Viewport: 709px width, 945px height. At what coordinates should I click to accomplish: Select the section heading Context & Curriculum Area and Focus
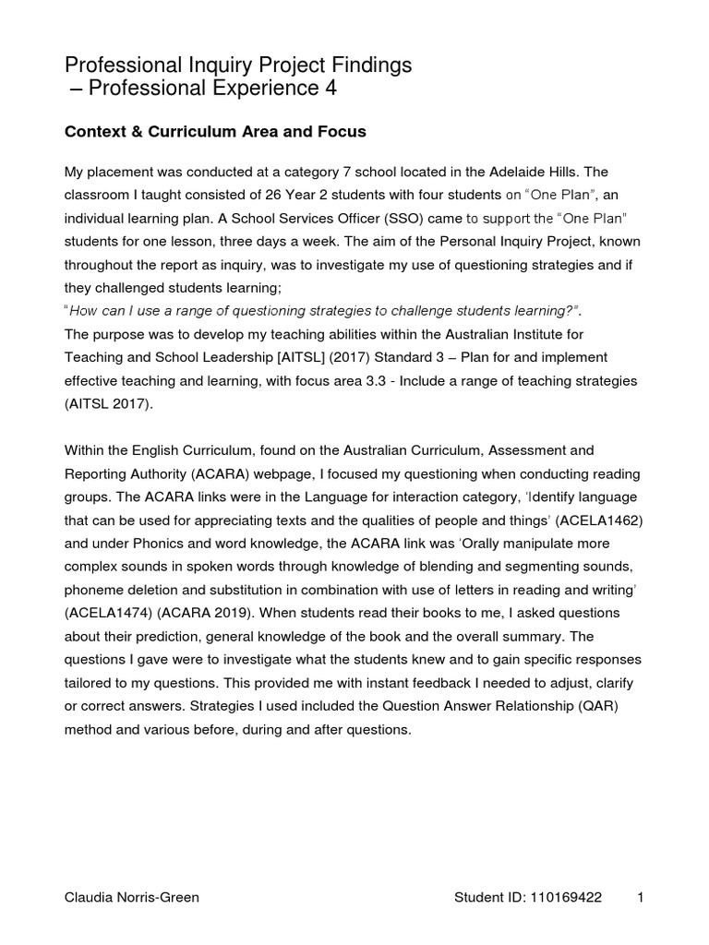click(x=215, y=132)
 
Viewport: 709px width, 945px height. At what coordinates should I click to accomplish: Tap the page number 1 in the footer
click(x=641, y=898)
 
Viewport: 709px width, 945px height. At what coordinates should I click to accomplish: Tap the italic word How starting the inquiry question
click(x=85, y=311)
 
